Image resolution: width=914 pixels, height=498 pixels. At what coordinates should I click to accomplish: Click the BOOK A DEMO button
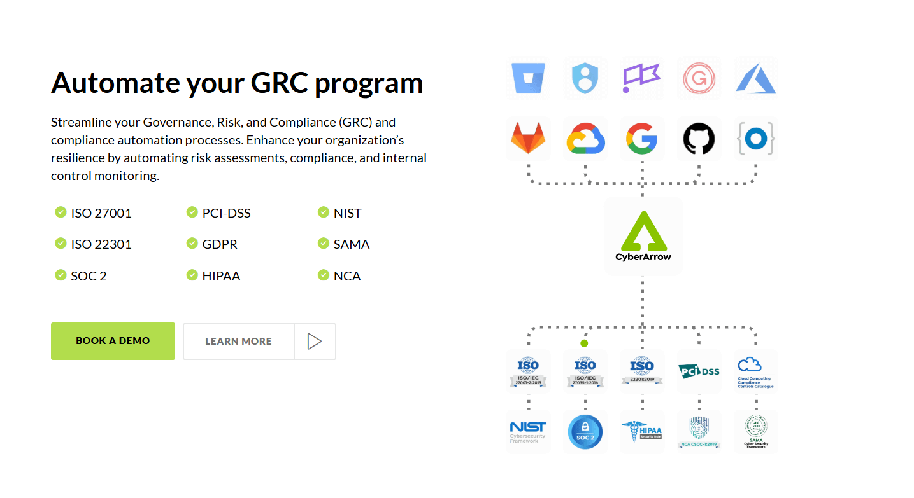[x=113, y=341]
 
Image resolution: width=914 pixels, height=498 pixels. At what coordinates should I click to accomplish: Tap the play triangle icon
[x=314, y=342]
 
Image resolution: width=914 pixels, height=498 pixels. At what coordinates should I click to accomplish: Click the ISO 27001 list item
[x=101, y=213]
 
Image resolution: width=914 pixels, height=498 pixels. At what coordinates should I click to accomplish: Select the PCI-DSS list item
[x=226, y=213]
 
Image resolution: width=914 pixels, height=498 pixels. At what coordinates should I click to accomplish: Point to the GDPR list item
[x=220, y=244]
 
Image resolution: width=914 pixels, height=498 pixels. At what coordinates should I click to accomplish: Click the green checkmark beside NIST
[x=324, y=212]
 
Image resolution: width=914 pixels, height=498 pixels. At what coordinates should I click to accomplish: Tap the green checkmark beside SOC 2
[x=61, y=275]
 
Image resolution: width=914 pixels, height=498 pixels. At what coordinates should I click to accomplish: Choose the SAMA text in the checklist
[x=351, y=244]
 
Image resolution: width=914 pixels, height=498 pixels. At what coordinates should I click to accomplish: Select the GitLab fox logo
[x=528, y=139]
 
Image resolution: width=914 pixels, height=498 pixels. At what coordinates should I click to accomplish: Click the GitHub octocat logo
[x=699, y=139]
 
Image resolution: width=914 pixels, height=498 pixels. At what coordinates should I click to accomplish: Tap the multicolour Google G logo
[x=641, y=139]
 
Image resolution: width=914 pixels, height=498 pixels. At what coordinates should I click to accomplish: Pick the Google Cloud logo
[x=585, y=139]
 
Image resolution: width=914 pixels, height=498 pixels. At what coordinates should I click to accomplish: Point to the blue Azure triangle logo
[x=755, y=78]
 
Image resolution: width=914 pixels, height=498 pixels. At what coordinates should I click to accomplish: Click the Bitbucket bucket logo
[x=528, y=78]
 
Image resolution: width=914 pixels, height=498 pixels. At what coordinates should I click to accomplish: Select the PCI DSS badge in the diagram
[x=699, y=371]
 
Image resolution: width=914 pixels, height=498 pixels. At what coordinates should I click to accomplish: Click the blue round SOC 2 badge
[x=585, y=432]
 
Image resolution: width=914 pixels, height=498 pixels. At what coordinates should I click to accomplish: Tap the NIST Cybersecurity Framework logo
[x=528, y=431]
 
